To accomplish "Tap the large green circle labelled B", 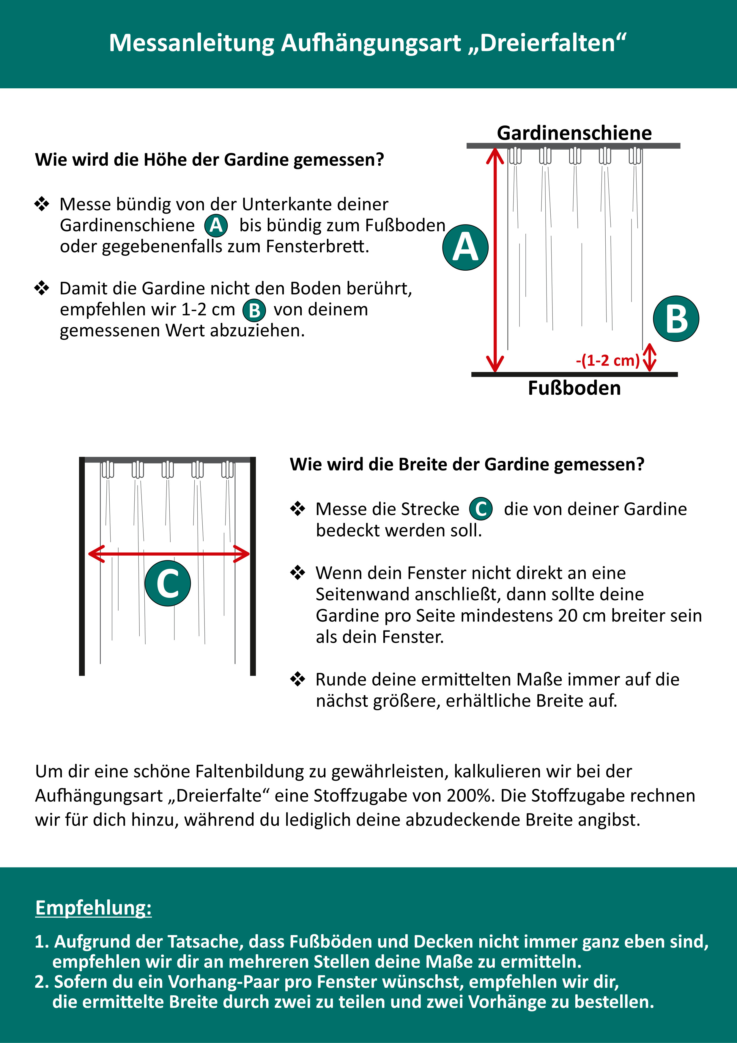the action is point(676,319).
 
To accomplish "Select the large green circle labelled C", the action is point(167,583).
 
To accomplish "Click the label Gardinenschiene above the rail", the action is point(574,133).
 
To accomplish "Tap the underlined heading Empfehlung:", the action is point(94,908).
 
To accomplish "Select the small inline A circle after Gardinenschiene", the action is point(216,225).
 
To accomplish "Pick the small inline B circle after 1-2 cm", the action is point(254,310).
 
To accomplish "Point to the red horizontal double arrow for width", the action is point(169,554).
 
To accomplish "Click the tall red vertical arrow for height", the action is point(495,260).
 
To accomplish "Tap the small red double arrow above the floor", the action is point(650,357).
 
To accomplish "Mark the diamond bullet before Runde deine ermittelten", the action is point(298,680).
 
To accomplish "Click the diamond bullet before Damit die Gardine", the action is point(42,288).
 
